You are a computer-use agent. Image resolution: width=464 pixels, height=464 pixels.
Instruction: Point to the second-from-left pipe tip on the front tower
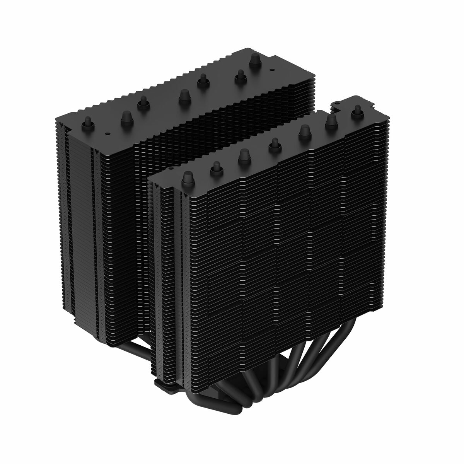pyautogui.click(x=215, y=167)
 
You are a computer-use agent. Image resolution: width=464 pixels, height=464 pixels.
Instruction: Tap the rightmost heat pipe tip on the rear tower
pyautogui.click(x=254, y=59)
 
